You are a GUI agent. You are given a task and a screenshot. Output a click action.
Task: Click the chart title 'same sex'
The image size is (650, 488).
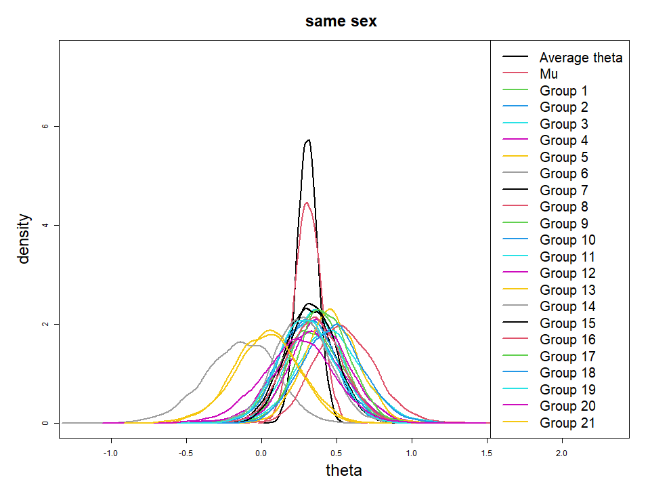pos(341,21)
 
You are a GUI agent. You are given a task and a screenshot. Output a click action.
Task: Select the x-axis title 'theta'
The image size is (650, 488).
pos(344,470)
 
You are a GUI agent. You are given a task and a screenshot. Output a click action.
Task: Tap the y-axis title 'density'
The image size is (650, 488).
pos(24,238)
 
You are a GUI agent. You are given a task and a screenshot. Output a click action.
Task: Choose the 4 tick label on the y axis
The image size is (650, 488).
pos(45,225)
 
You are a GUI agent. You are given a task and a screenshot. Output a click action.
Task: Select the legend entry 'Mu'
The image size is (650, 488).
pos(548,74)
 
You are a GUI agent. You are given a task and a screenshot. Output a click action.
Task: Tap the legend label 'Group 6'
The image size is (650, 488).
pos(563,174)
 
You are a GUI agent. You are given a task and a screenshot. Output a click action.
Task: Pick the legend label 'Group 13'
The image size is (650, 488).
pos(567,290)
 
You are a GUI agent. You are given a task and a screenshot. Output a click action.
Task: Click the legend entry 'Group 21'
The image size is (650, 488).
pos(567,423)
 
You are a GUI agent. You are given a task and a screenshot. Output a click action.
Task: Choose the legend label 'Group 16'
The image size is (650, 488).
pos(567,340)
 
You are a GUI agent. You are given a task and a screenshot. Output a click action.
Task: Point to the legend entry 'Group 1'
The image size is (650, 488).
pos(563,91)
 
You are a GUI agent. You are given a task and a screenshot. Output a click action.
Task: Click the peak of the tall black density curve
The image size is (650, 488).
pos(309,140)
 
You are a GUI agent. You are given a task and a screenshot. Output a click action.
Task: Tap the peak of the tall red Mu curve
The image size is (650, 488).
pos(307,202)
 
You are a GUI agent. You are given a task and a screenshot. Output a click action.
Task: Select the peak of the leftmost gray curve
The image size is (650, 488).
pos(241,342)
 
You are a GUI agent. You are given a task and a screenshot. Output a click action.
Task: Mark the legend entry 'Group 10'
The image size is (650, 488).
pos(567,240)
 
